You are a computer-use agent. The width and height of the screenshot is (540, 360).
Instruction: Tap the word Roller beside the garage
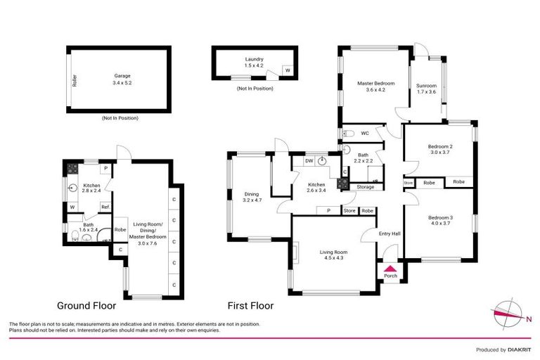coord(74,81)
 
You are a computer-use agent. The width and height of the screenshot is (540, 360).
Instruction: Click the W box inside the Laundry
coord(287,70)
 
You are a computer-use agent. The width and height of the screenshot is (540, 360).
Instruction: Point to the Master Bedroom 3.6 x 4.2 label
coord(375,86)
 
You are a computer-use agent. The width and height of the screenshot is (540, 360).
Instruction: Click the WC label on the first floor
coord(365,133)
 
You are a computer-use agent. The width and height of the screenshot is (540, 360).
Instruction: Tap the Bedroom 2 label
coord(441,150)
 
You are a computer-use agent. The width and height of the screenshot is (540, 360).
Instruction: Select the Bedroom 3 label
coord(441,221)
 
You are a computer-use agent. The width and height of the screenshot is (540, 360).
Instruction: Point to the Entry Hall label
coord(390,234)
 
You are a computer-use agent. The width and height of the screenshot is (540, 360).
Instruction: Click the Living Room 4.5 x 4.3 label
coord(333,255)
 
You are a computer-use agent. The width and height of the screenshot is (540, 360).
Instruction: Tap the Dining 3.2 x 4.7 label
coord(251,198)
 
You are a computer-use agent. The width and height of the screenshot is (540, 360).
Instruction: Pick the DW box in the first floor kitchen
coord(309,161)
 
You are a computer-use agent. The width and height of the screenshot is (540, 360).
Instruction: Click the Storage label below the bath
coord(365,187)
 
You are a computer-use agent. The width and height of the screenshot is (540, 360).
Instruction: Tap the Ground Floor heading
coord(86,306)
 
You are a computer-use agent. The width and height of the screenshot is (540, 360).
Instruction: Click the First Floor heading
coord(250,306)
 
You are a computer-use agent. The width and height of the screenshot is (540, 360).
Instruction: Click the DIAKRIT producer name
coord(520,349)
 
